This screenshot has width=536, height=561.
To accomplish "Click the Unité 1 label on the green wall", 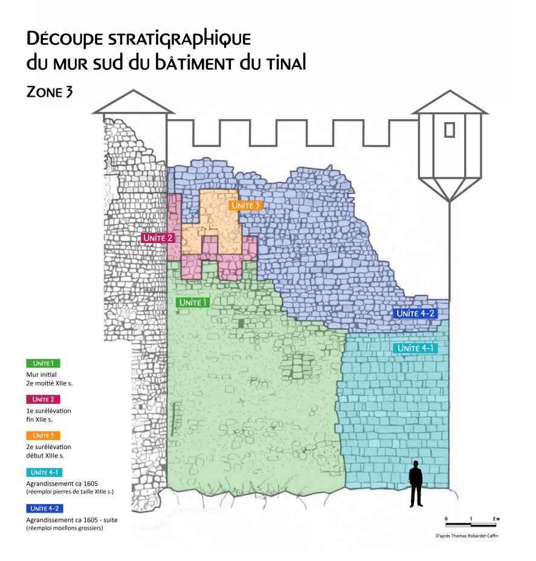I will coord(193,302).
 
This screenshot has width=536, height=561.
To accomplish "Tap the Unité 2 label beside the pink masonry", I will coord(158,238).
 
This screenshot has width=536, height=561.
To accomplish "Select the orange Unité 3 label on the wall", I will coord(245,206).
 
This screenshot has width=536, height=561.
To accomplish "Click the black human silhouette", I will coord(416,484).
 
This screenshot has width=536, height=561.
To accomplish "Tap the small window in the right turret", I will coord(449,129).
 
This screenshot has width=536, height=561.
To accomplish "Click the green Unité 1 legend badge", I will coord(44,363).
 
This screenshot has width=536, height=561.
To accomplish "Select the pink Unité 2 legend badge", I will coord(44,399).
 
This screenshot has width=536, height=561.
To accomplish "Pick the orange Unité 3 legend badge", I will coord(44,435).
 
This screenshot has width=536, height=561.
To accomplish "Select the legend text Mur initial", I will coord(41,375).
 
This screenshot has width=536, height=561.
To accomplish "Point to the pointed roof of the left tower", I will coord(133,102).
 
